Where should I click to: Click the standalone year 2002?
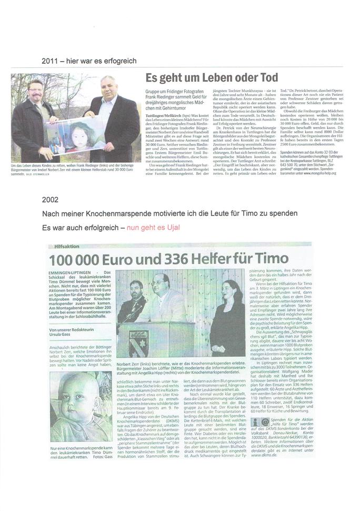point(49,201)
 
